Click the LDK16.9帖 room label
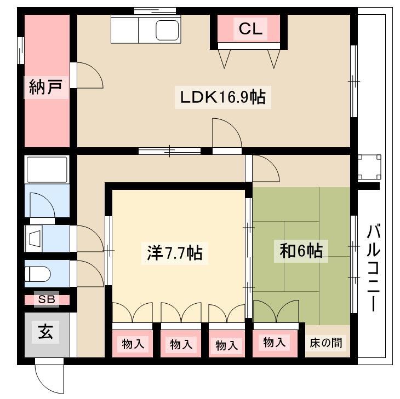222,97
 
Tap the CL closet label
250,28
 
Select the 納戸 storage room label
45,87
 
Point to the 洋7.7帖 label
175,253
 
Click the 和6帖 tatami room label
301,251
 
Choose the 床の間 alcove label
326,343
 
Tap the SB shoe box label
47,299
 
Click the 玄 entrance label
45,332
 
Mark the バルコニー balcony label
374,268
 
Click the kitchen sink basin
167,30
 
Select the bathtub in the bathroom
47,170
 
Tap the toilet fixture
37,274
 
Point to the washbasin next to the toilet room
34,239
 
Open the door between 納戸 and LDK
90,76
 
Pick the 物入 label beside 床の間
274,343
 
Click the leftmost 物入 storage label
133,344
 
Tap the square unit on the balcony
369,167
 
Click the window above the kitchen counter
155,11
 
